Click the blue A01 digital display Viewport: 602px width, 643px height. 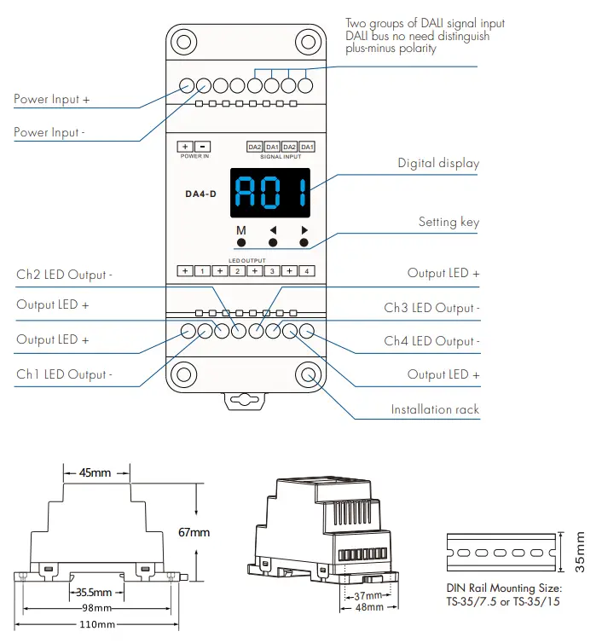[269, 194]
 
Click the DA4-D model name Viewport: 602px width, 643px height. [201, 194]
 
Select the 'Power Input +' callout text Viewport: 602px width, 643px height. [52, 99]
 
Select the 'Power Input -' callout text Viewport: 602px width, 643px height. [49, 132]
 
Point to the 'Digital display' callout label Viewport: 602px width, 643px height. [438, 163]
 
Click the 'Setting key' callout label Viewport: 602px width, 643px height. [449, 222]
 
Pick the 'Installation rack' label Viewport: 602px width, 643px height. [435, 409]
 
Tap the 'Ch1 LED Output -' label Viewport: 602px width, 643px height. [64, 374]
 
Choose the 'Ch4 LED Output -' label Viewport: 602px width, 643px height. [431, 341]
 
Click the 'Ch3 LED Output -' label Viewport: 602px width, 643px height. [431, 308]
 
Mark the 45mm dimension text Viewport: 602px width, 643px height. [96, 472]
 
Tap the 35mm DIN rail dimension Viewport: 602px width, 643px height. [581, 553]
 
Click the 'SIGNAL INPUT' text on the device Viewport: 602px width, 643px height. [281, 157]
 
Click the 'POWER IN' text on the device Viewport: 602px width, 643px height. [194, 157]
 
